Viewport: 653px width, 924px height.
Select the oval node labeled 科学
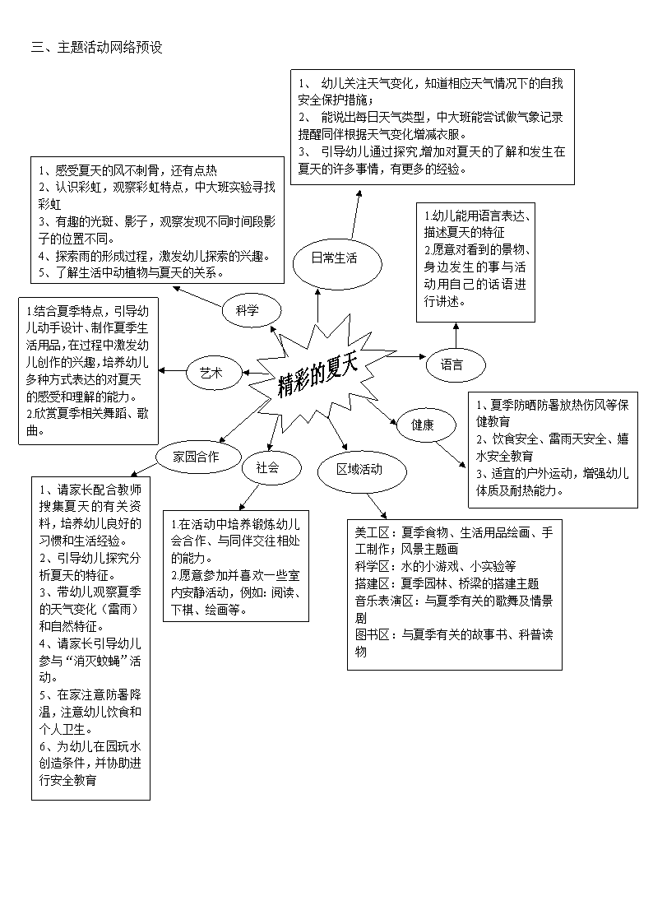click(x=252, y=310)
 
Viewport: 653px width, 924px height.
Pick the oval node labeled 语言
click(x=456, y=364)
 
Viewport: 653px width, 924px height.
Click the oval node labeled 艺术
click(x=215, y=373)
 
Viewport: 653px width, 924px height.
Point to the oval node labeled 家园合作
click(x=198, y=456)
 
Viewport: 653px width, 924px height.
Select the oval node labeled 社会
click(x=271, y=468)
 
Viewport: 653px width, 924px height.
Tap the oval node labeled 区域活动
click(x=362, y=471)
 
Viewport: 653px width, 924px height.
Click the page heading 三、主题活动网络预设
click(x=96, y=47)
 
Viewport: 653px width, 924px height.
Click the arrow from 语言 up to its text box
click(x=456, y=336)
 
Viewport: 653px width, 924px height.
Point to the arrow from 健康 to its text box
click(x=451, y=454)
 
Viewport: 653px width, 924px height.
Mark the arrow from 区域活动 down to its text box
click(x=377, y=505)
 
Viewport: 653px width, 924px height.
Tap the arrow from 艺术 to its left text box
click(x=172, y=370)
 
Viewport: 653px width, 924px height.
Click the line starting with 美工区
click(x=454, y=541)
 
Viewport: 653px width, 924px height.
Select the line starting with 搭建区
click(x=447, y=583)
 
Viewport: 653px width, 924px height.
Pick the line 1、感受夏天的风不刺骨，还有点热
click(x=127, y=170)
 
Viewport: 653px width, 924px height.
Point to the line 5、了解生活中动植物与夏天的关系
click(x=132, y=273)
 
